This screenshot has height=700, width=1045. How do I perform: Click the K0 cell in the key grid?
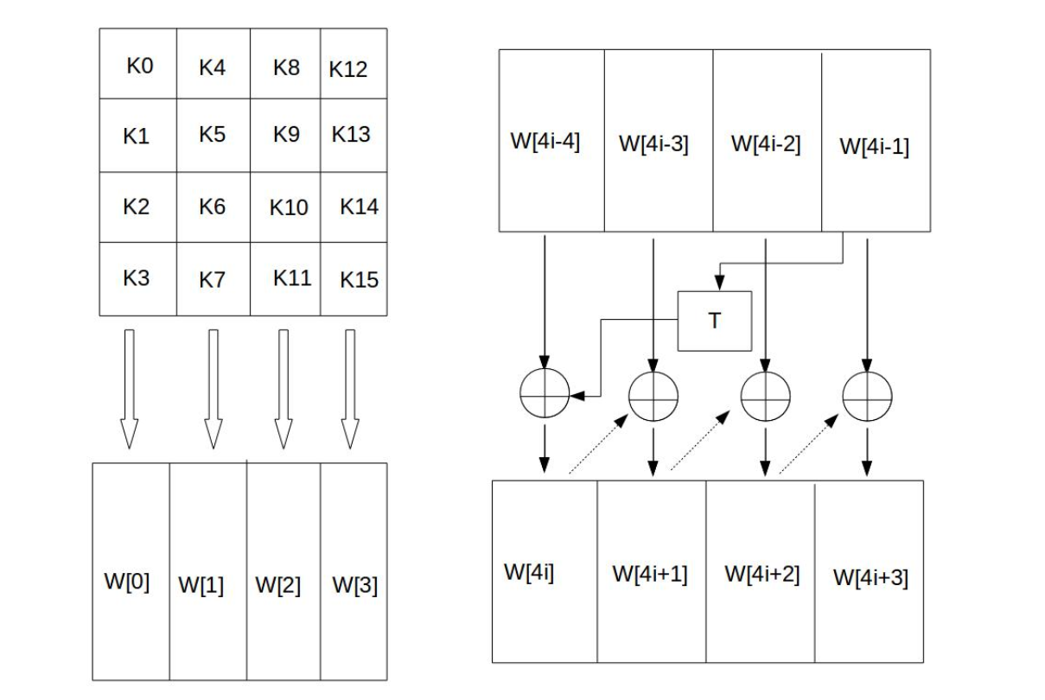(x=139, y=66)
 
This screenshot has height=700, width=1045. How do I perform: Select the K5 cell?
(x=212, y=135)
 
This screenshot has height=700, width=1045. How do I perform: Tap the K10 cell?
(x=289, y=207)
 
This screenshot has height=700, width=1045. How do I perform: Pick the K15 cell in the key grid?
(x=359, y=280)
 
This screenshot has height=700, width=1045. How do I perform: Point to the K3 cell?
(x=136, y=278)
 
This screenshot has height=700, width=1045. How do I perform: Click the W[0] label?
(x=127, y=582)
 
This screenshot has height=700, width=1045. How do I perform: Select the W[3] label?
(x=354, y=585)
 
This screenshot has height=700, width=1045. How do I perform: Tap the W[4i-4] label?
(x=545, y=141)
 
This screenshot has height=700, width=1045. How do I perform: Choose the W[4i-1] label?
(x=874, y=146)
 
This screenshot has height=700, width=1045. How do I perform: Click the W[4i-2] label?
(x=766, y=143)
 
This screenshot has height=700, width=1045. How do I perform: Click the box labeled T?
(x=714, y=321)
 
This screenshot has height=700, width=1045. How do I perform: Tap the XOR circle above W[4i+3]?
(x=867, y=397)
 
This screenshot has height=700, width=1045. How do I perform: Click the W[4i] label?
(x=528, y=571)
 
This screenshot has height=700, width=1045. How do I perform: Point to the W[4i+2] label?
(x=761, y=573)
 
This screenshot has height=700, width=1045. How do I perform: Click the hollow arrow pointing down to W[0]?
(x=129, y=389)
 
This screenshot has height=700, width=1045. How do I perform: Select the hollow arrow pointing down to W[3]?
(x=349, y=389)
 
